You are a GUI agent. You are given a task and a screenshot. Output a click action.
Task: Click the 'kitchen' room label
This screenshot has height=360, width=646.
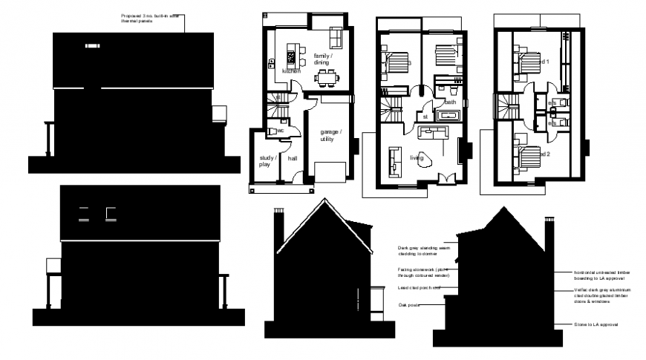click(291, 71)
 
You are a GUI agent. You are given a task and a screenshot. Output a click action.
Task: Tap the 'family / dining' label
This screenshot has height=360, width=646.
click(322, 59)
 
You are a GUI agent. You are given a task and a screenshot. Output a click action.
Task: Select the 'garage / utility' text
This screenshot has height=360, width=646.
click(330, 135)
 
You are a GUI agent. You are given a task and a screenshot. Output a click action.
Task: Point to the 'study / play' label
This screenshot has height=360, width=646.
click(267, 161)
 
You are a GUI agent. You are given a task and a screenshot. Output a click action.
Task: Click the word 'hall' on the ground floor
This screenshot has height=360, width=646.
click(293, 158)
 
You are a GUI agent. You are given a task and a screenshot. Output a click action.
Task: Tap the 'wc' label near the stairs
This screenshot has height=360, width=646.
click(281, 131)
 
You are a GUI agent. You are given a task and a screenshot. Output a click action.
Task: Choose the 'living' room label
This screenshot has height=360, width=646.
click(417, 157)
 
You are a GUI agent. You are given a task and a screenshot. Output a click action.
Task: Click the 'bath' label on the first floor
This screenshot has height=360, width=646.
click(450, 102)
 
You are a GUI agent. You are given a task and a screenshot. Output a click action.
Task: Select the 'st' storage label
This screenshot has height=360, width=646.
click(425, 117)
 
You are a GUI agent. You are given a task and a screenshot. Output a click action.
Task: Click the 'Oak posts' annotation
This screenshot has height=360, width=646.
click(409, 304)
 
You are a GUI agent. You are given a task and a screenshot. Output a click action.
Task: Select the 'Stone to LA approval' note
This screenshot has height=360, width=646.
click(596, 325)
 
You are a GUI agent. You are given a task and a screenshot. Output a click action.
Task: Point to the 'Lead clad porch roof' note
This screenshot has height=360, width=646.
click(420, 287)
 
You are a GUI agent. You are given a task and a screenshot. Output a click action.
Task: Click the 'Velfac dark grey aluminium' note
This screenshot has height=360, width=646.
click(602, 292)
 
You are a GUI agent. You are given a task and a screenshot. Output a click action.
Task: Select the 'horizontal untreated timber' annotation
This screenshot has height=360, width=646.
click(602, 272)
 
